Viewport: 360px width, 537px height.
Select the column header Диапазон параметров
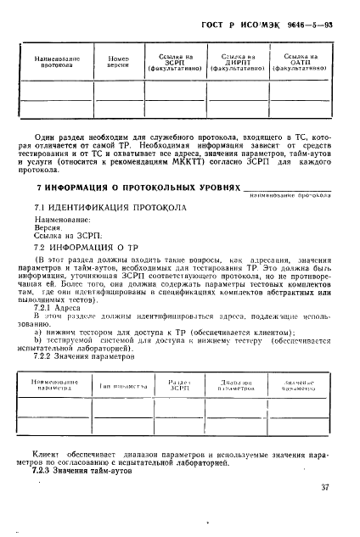(x=231, y=386)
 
